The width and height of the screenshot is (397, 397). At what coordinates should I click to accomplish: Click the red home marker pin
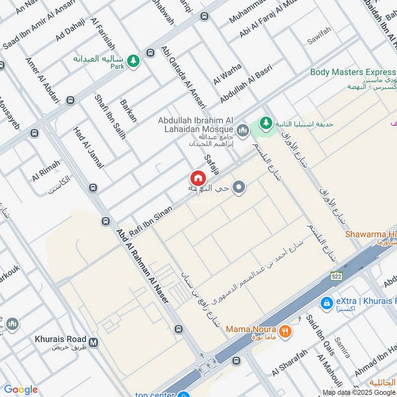(x=197, y=178)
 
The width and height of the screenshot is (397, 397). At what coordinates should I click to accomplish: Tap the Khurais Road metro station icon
(x=94, y=341)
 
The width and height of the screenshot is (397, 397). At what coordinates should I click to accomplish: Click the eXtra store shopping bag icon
(x=327, y=302)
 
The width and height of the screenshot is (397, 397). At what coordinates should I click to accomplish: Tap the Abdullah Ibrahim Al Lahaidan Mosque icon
(x=243, y=131)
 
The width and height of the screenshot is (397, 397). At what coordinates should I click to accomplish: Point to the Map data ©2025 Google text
(x=359, y=392)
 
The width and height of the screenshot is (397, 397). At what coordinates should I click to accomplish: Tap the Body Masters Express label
(x=353, y=72)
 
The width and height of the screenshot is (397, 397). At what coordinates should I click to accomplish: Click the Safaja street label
(x=212, y=165)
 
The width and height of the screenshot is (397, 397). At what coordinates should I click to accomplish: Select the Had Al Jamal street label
(x=89, y=147)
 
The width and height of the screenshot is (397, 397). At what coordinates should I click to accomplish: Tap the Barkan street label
(x=129, y=111)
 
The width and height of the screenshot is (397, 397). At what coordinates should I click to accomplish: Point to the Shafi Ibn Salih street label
(x=110, y=117)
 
